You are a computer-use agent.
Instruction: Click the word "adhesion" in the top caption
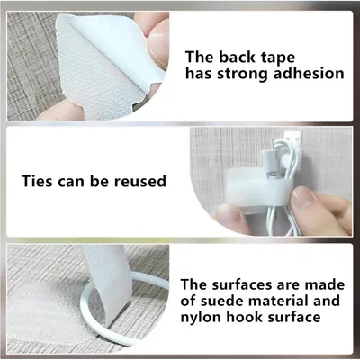pyautogui.click(x=309, y=74)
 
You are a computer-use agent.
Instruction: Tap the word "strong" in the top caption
pyautogui.click(x=242, y=75)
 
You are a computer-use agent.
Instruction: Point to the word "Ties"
pyautogui.click(x=37, y=181)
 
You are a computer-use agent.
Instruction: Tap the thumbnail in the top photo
pyautogui.click(x=158, y=42)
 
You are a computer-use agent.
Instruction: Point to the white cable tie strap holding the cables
pyautogui.click(x=258, y=185)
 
